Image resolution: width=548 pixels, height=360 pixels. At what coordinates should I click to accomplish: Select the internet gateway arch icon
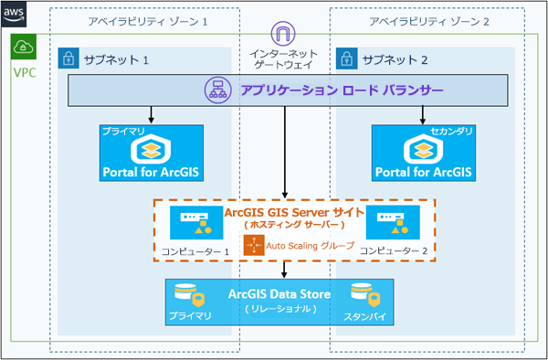tap(285, 36)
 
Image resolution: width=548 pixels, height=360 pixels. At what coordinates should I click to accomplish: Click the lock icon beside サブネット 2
tap(347, 59)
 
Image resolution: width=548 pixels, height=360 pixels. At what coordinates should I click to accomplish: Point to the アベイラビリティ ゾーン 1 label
tap(149, 20)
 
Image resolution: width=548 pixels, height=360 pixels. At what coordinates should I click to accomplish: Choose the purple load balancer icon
tap(217, 90)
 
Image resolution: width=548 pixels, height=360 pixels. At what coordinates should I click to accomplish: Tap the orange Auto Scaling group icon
tap(253, 245)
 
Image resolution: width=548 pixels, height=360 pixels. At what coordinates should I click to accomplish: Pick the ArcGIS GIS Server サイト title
tap(285, 212)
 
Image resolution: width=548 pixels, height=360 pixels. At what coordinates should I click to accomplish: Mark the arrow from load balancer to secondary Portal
tap(421, 114)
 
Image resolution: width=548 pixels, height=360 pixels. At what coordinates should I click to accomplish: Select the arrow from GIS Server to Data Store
tap(286, 270)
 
